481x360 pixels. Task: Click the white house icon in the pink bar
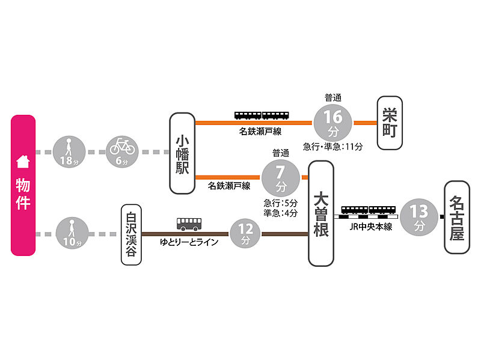23,162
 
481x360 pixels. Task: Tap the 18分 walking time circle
69,152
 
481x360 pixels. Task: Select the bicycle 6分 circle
122,152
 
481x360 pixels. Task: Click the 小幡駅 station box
182,153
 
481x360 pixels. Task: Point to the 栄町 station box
390,123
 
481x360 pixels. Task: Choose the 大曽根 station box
321,213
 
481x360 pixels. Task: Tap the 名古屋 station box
457,217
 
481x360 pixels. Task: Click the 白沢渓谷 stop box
131,234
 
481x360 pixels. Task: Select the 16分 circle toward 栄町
333,123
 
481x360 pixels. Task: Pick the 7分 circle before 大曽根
280,178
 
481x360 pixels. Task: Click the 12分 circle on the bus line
245,234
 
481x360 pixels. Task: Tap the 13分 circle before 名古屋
419,217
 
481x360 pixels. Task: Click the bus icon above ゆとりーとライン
189,224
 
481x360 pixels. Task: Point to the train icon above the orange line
262,115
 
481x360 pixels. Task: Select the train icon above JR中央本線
369,210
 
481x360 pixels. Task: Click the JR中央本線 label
371,227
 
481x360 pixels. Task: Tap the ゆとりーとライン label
189,242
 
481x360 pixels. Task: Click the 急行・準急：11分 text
333,147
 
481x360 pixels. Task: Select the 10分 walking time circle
72,233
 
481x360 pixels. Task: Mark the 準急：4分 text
280,213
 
